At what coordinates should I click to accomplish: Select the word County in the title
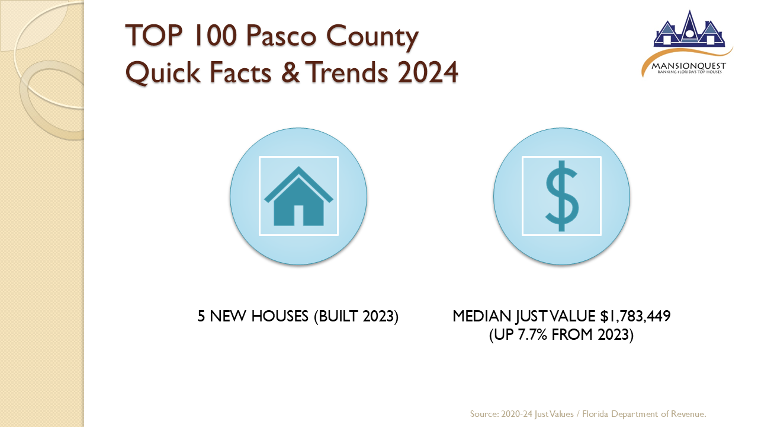click(372, 37)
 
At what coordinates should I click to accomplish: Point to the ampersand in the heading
click(290, 72)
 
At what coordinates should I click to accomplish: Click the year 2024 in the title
click(428, 72)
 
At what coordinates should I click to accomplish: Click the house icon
click(298, 196)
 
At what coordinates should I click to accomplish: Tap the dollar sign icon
click(562, 196)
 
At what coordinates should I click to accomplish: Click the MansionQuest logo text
click(689, 66)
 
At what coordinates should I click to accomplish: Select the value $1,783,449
click(635, 316)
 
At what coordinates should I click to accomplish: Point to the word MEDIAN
click(482, 316)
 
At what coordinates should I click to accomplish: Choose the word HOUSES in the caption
click(280, 316)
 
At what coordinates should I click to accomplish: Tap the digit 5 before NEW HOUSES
click(201, 316)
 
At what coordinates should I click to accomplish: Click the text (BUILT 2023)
click(356, 317)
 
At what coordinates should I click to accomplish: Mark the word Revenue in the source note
click(689, 414)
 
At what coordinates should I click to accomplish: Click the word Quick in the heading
click(163, 73)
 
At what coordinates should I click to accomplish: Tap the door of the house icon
click(298, 215)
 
